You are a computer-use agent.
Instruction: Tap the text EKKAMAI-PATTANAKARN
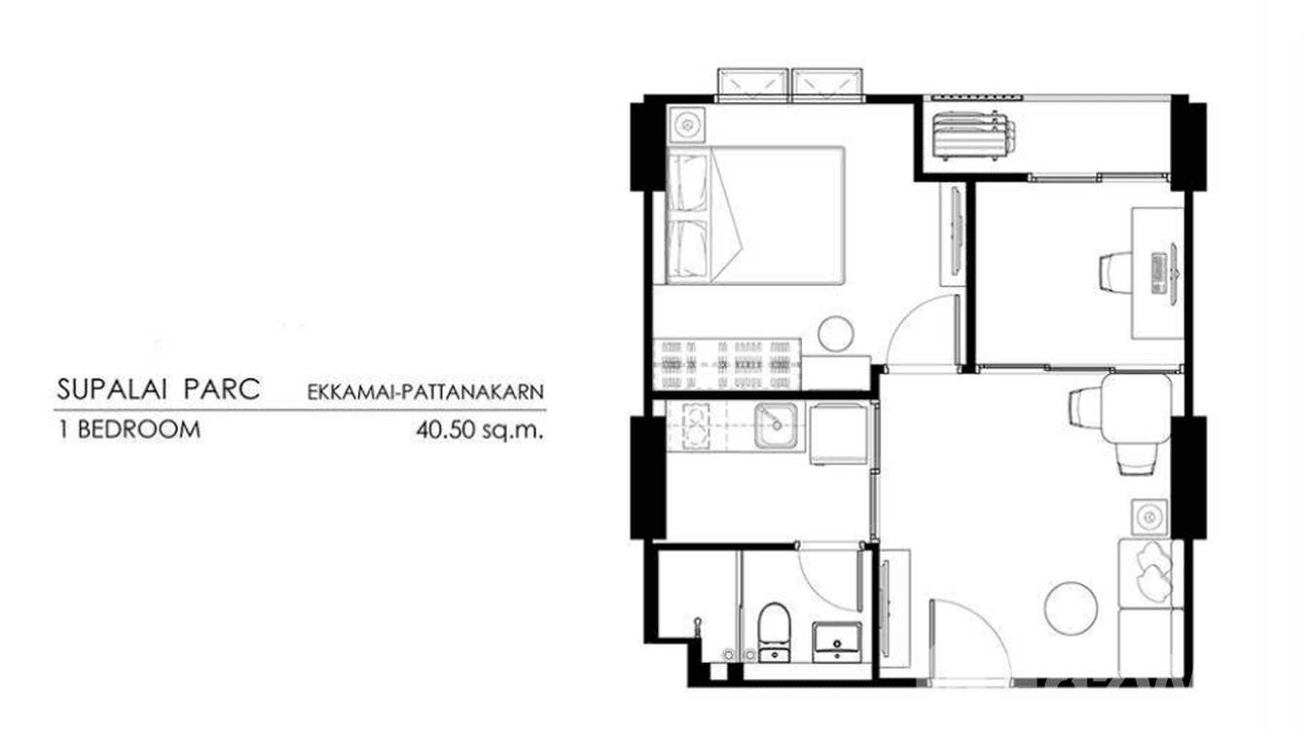424,393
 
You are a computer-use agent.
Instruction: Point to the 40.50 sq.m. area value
478,429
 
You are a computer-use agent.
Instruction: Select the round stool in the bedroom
835,334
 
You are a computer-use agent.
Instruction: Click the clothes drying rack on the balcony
973,134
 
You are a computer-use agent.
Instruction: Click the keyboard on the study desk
1157,273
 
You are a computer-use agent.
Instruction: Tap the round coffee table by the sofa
1070,606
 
